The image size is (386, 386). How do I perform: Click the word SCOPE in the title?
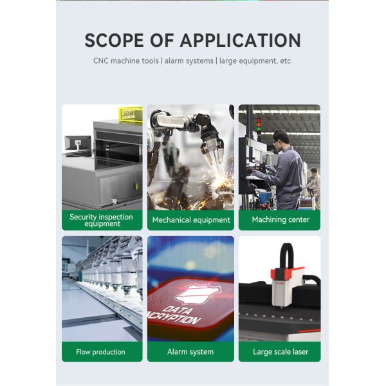point(114,40)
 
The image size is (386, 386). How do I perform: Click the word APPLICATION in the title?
point(241,40)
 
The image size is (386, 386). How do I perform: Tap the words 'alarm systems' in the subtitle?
point(188,61)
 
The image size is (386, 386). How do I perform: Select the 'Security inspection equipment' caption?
point(101,220)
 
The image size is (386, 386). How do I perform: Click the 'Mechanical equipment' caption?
point(191,220)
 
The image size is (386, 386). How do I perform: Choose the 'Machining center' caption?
point(280,219)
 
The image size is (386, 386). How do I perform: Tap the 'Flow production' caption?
point(100,352)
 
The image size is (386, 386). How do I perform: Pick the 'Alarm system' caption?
point(190,352)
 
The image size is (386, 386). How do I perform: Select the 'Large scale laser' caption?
point(280,352)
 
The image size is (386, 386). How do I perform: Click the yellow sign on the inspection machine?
point(131,114)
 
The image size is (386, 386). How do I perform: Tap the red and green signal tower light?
point(259,127)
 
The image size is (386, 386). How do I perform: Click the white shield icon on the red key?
point(198,294)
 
